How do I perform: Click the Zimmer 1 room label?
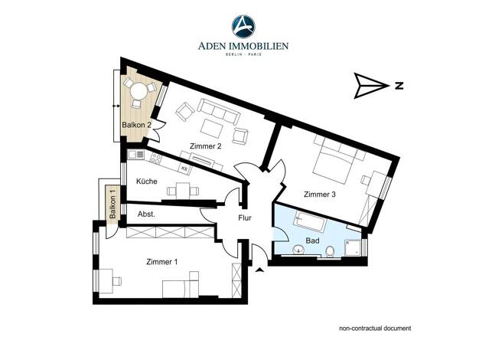click(x=162, y=262)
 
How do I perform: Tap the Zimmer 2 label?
click(x=205, y=146)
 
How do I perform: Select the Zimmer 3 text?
click(x=320, y=195)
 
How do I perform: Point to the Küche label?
click(x=147, y=182)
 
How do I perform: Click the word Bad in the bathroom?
click(x=312, y=241)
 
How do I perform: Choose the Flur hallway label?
click(x=245, y=218)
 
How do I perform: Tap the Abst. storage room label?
click(x=146, y=214)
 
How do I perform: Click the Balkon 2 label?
click(x=136, y=125)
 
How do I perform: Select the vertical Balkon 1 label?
click(x=112, y=204)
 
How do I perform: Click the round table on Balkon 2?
click(x=138, y=91)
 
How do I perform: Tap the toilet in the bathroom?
click(x=330, y=251)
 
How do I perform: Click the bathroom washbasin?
click(x=298, y=250)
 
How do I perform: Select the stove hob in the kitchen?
click(x=155, y=158)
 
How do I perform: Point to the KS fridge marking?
click(x=184, y=169)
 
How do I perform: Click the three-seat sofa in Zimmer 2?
click(x=219, y=111)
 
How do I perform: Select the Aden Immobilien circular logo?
click(x=243, y=27)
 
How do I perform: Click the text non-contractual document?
click(x=375, y=329)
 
